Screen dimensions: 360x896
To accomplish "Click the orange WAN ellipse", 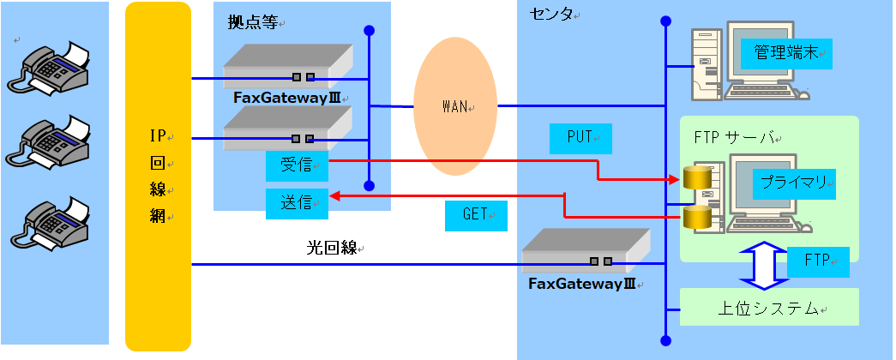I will tap(454, 107).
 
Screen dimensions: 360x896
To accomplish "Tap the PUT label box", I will tap(580, 137).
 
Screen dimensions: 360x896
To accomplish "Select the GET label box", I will tap(475, 215).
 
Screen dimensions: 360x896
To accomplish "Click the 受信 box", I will tap(297, 163).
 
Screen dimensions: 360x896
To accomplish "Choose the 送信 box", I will tap(297, 203).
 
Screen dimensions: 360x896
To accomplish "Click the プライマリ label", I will tap(793, 182).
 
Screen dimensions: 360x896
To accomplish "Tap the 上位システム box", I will tap(769, 308).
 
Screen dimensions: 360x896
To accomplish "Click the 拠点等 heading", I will tap(252, 23).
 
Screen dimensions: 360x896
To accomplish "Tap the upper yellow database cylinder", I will tap(697, 177).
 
